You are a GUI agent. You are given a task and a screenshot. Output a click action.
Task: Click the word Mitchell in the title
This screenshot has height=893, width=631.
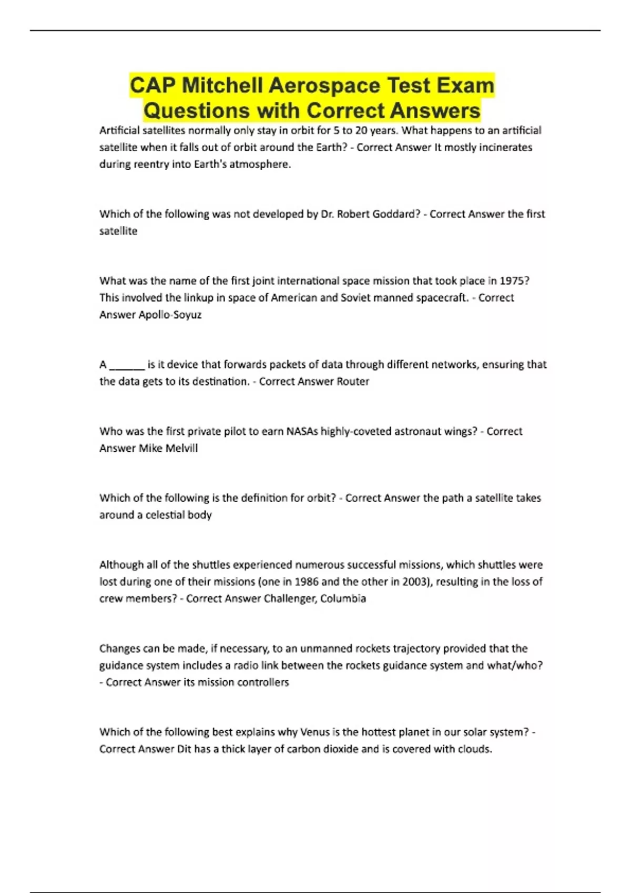pos(222,86)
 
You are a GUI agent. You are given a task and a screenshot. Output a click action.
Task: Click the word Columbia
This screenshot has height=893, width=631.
pos(343,598)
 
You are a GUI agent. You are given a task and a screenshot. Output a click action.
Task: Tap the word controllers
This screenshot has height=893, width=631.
pos(263,682)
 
